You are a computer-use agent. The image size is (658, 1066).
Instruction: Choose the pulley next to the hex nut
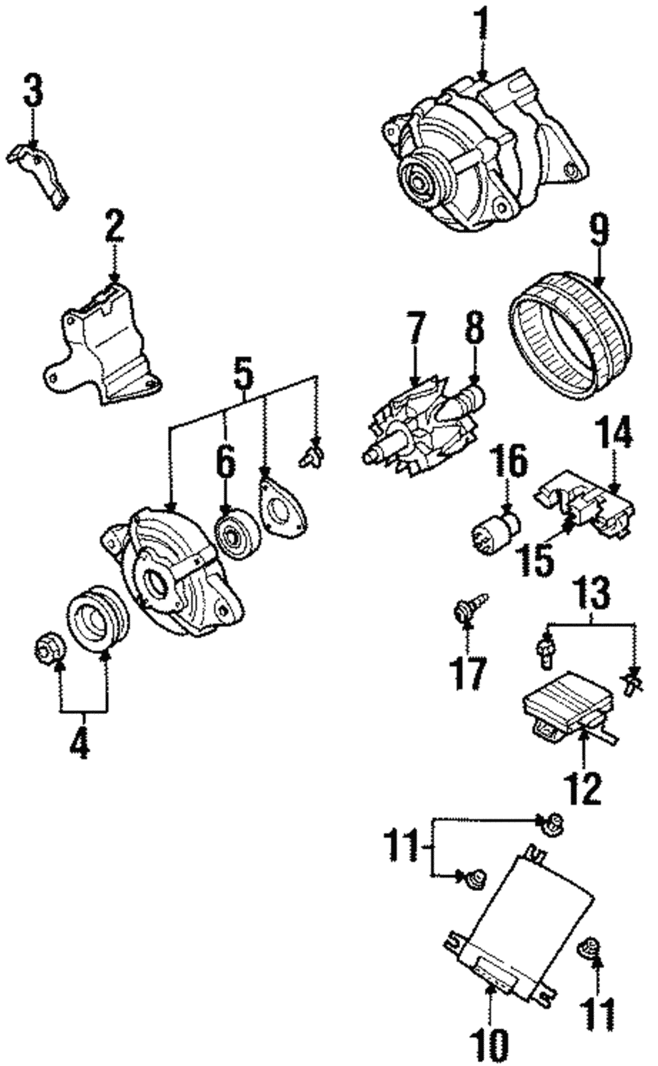pos(93,619)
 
